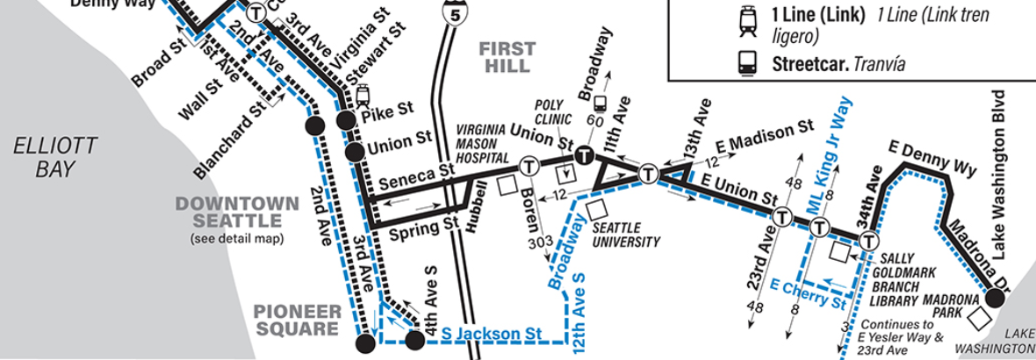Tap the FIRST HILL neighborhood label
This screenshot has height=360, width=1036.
[506, 57]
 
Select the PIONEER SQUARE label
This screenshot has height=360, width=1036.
[296, 320]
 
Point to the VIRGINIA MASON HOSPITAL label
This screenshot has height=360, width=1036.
[483, 144]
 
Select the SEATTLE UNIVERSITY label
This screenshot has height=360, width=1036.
[626, 234]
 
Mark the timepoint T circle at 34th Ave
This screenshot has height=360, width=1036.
[869, 241]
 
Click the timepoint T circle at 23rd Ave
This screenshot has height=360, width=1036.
[781, 216]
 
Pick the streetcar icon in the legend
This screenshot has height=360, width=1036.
[749, 64]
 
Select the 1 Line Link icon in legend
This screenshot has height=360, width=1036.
[749, 19]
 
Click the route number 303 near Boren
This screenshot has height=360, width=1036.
[541, 241]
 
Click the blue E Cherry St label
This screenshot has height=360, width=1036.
[807, 295]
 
